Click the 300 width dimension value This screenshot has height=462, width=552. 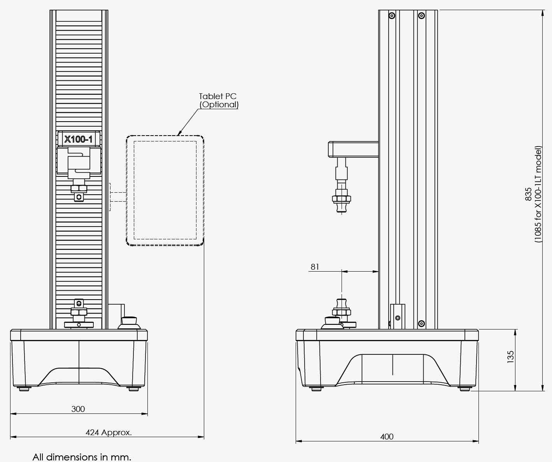click(x=78, y=409)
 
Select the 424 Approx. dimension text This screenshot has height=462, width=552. click(x=109, y=432)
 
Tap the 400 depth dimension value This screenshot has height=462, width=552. click(x=387, y=437)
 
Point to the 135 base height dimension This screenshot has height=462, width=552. click(x=510, y=357)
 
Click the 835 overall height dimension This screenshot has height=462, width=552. click(x=528, y=194)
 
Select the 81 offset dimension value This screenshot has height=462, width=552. click(x=315, y=267)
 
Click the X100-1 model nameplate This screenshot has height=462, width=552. click(x=79, y=139)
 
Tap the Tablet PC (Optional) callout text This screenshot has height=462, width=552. click(x=218, y=100)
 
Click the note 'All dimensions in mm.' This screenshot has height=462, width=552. click(x=82, y=457)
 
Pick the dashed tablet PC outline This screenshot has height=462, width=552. click(x=165, y=190)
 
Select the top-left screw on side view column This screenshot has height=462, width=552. click(x=392, y=16)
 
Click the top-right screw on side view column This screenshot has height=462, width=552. click(x=421, y=16)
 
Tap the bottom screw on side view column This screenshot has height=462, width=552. click(x=421, y=324)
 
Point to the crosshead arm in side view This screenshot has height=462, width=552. click(x=353, y=149)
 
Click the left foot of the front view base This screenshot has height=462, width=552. click(x=24, y=389)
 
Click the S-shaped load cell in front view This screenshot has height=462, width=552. click(x=79, y=163)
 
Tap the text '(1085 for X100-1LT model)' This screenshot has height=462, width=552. click(x=538, y=194)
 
